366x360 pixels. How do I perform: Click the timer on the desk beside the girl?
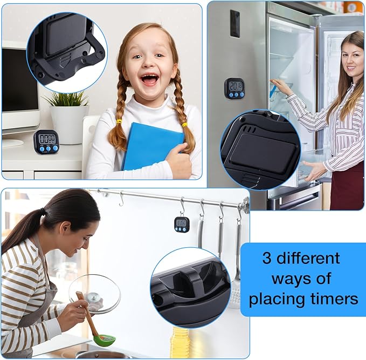pyautogui.click(x=46, y=142)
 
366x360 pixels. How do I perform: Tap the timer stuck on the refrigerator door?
pyautogui.click(x=234, y=89)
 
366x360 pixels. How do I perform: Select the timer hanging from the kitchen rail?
pyautogui.click(x=182, y=225)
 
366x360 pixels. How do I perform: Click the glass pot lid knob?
pyautogui.click(x=94, y=298)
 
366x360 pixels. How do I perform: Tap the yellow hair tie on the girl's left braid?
pyautogui.click(x=119, y=122)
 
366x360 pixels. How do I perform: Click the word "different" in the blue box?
pyautogui.click(x=308, y=258)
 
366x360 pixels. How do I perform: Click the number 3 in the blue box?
pyautogui.click(x=267, y=259)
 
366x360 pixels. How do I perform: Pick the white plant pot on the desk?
pyautogui.click(x=70, y=124)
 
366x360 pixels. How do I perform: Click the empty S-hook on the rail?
pyautogui.click(x=121, y=199)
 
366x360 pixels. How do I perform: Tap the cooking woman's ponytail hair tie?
pyautogui.click(x=42, y=212)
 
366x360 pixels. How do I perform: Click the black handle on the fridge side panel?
pyautogui.click(x=235, y=24)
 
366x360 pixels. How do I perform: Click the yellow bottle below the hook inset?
pyautogui.click(x=180, y=342)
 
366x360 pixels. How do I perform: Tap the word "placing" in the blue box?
pyautogui.click(x=277, y=299)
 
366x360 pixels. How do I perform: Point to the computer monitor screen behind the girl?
pyautogui.click(x=19, y=80)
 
